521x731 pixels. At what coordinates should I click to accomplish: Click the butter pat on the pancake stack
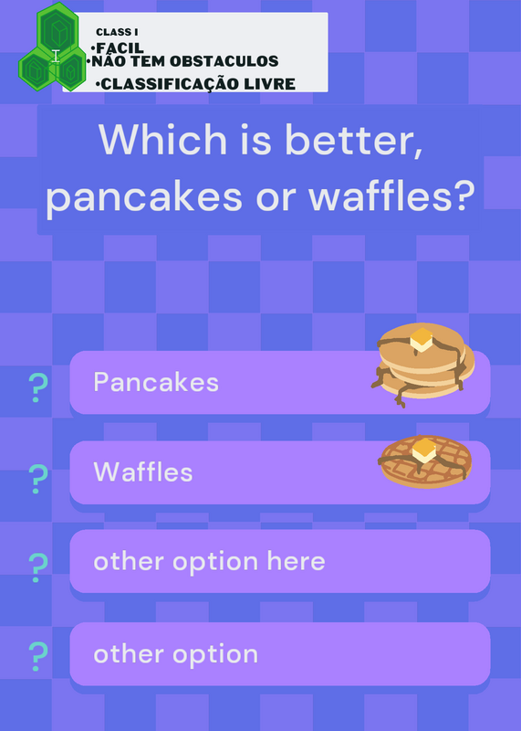422,339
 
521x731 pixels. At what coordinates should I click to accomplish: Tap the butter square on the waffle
424,450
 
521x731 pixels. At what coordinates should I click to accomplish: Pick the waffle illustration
424,461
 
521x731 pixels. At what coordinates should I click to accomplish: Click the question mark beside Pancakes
38,387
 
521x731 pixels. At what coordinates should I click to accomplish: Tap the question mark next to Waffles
38,479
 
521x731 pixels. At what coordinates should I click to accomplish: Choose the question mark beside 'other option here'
38,567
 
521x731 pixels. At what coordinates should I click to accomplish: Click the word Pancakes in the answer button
156,382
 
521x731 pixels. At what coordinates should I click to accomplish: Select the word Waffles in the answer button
143,471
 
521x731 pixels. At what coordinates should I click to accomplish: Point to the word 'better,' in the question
354,140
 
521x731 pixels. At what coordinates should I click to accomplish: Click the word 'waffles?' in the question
391,196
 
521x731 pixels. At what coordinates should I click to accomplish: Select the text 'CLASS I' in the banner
117,32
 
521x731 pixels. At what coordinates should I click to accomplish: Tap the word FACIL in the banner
120,48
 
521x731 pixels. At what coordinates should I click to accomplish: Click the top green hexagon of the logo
57,26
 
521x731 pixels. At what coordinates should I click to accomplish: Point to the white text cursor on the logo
56,57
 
